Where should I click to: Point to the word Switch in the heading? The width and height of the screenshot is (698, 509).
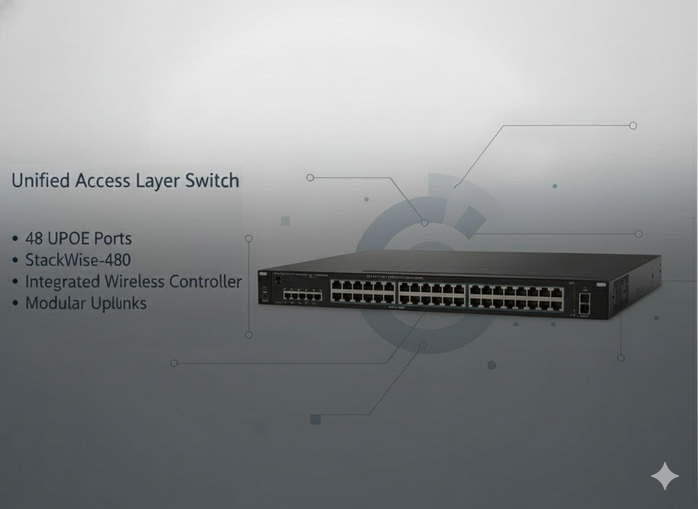(x=212, y=180)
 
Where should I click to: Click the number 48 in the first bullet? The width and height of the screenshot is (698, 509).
(x=34, y=239)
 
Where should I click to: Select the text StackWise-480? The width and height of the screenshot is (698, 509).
(x=78, y=260)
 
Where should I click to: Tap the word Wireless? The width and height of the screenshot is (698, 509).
(x=134, y=282)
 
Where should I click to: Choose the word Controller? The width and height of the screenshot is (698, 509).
(x=205, y=282)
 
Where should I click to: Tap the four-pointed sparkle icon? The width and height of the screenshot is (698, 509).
(x=664, y=476)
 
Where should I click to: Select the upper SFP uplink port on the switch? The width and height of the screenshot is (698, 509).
(x=584, y=298)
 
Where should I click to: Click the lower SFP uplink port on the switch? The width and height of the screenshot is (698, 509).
(x=584, y=308)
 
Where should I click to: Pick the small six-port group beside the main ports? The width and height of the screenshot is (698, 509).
(x=302, y=295)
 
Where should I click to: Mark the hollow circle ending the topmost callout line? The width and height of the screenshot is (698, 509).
(x=633, y=125)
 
